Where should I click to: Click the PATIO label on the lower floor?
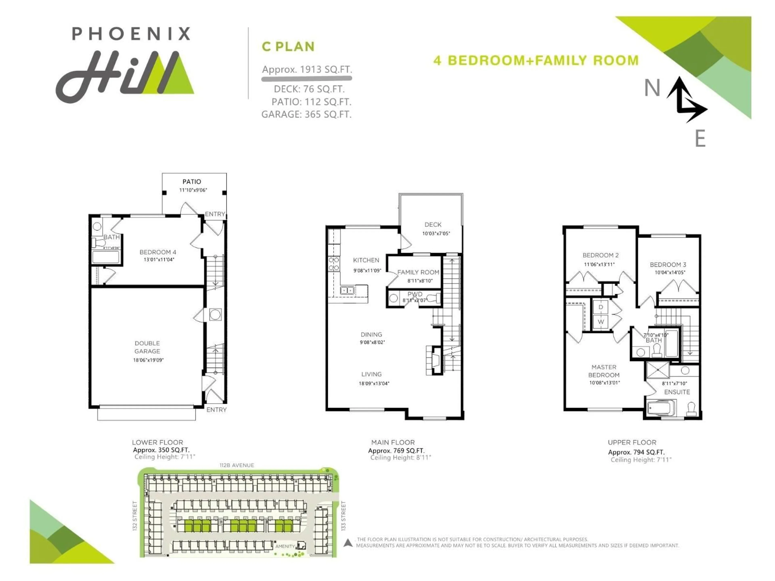point(192,181)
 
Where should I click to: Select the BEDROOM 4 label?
point(158,252)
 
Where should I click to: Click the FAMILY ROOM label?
point(418,272)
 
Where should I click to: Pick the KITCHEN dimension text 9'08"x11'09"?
point(367,270)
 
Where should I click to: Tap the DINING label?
point(371,334)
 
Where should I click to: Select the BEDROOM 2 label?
point(600,255)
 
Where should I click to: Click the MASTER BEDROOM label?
point(604,371)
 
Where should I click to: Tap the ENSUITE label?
point(677,392)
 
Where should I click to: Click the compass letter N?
point(652,88)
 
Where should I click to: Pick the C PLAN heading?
point(288,47)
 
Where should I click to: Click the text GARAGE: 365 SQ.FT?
point(306,115)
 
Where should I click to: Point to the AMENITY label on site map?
point(285,546)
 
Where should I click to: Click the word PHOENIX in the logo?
point(131,34)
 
